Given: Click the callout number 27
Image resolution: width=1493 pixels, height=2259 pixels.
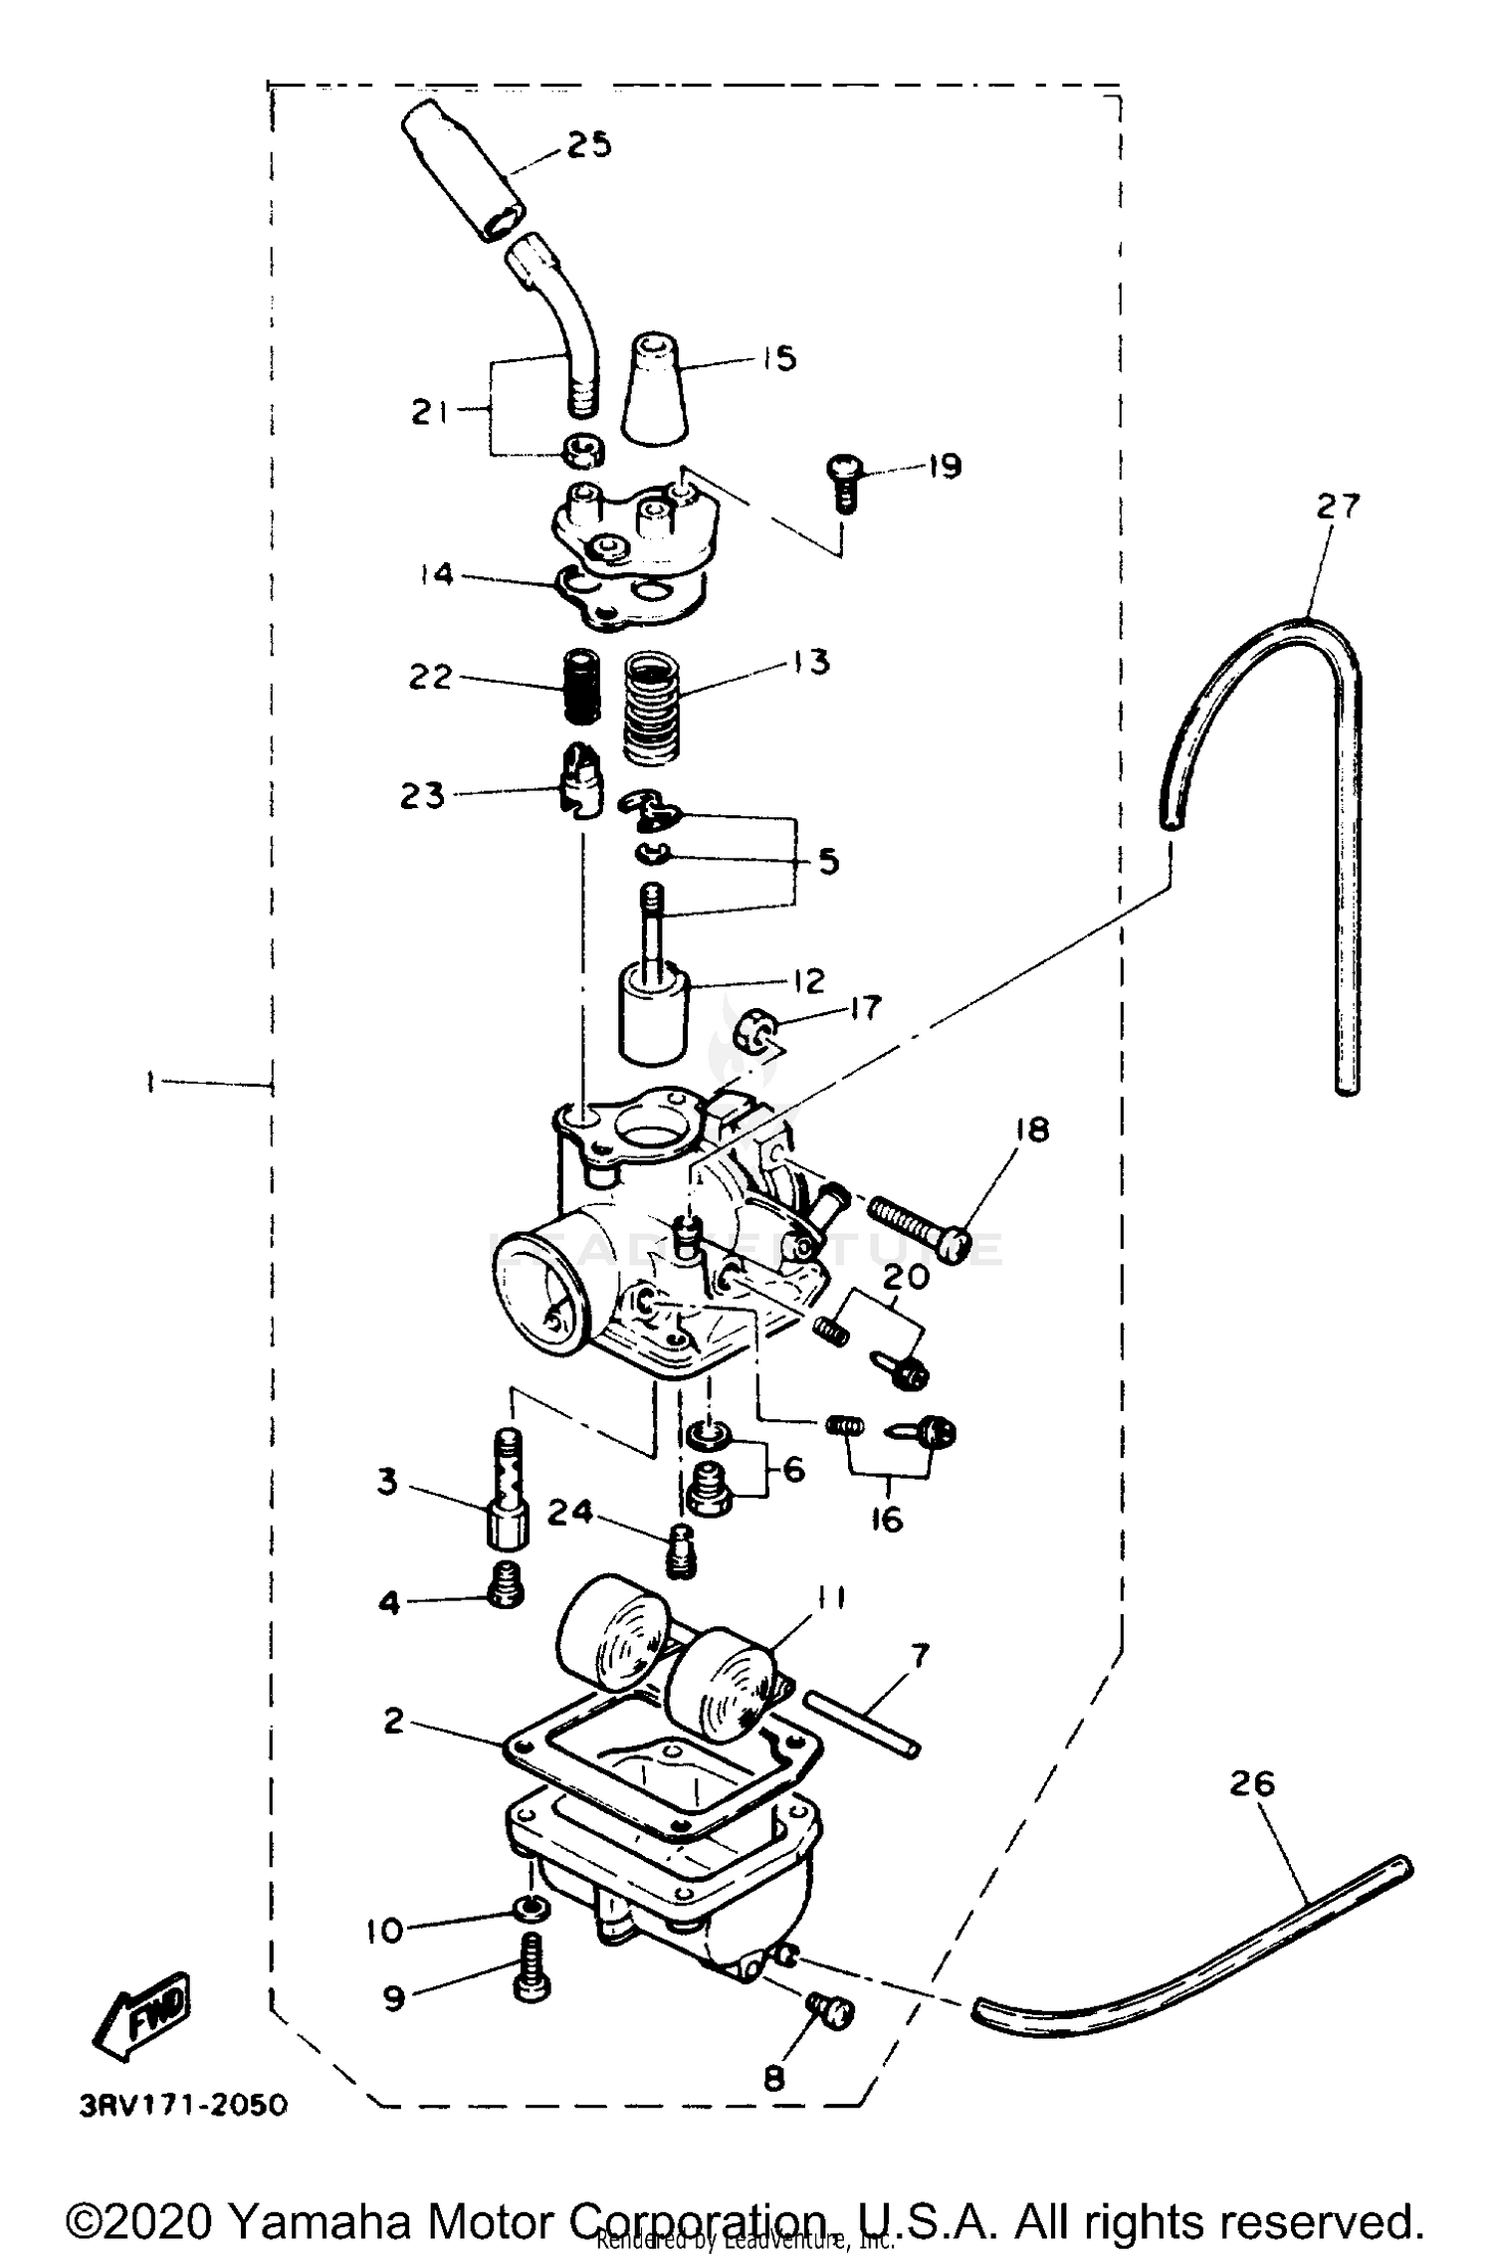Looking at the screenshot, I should [1338, 507].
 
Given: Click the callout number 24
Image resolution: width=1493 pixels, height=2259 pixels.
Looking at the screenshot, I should [570, 1514].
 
